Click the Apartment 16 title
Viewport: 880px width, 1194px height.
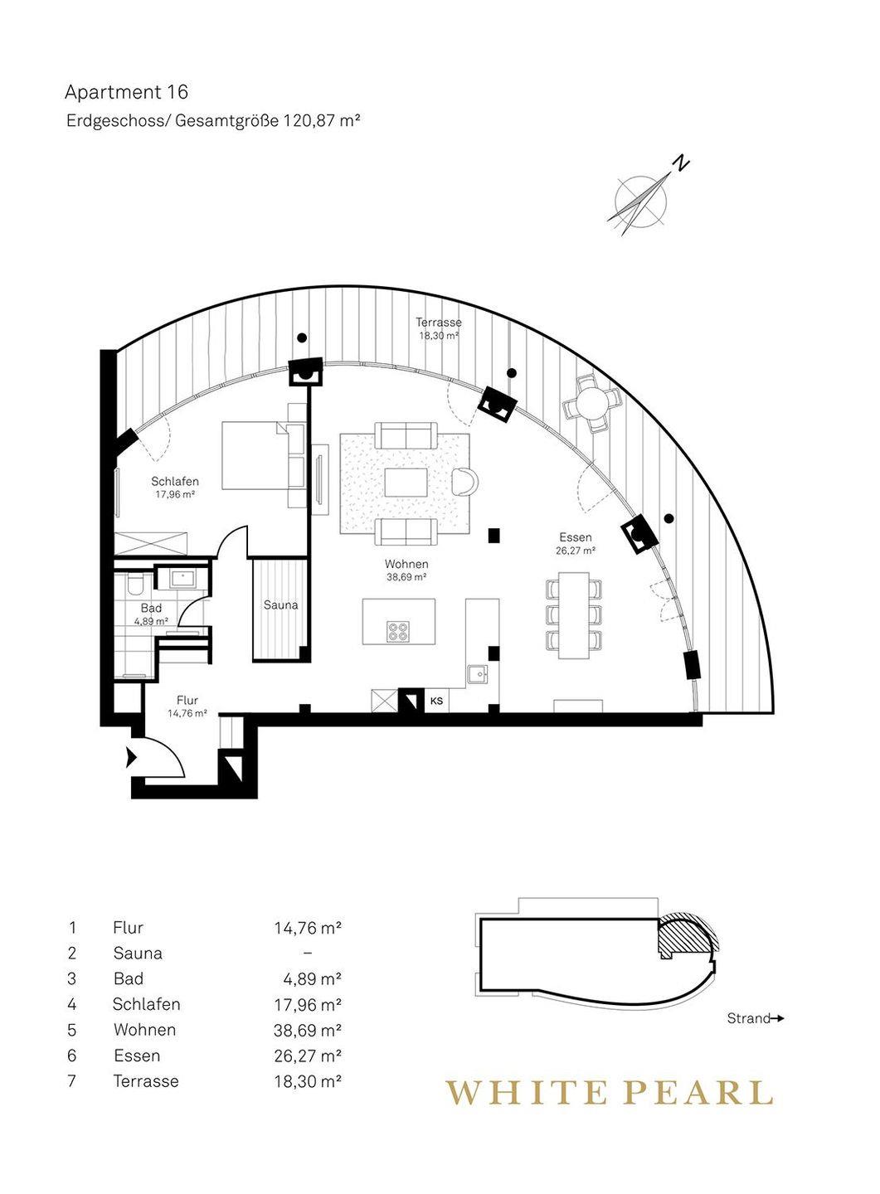click(x=126, y=92)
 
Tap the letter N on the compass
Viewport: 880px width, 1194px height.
click(x=681, y=163)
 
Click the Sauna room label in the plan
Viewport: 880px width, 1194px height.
click(x=280, y=605)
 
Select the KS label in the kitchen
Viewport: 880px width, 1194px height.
click(x=436, y=701)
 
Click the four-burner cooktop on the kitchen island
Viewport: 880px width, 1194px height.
click(x=397, y=632)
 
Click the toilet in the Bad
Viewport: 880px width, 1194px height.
click(x=134, y=585)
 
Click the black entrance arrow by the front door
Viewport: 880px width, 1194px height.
click(x=131, y=758)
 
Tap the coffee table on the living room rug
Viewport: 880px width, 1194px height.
click(x=406, y=482)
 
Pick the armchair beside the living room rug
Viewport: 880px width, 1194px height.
click(x=465, y=481)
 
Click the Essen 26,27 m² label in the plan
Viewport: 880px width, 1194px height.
click(x=576, y=543)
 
